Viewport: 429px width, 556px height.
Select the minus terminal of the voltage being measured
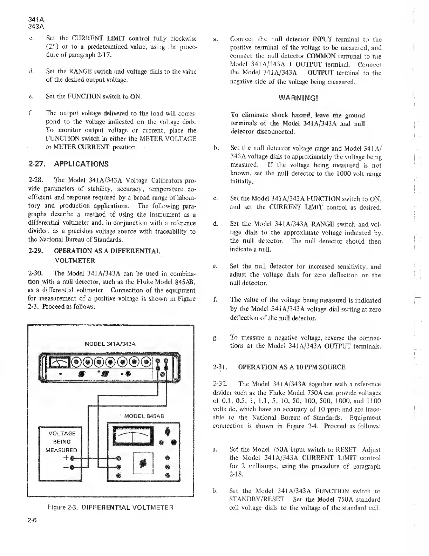pos(72,467)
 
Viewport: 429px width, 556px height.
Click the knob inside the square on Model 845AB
pos(143,463)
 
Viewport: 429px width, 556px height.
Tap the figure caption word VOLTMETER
pos(152,507)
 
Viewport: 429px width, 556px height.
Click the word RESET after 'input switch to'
pos(346,449)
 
